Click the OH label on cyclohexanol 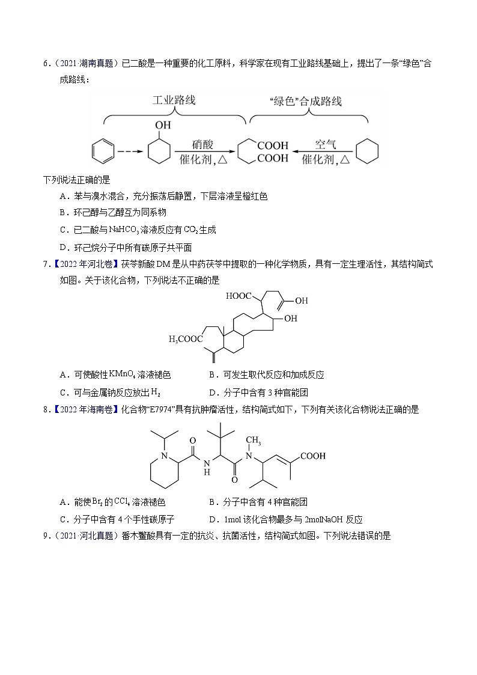(x=163, y=126)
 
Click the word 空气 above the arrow (x=326, y=144)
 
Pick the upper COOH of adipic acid (x=273, y=145)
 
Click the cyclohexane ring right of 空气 (x=367, y=151)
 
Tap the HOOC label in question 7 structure (x=239, y=296)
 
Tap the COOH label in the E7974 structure (x=313, y=456)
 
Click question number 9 (x=46, y=536)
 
